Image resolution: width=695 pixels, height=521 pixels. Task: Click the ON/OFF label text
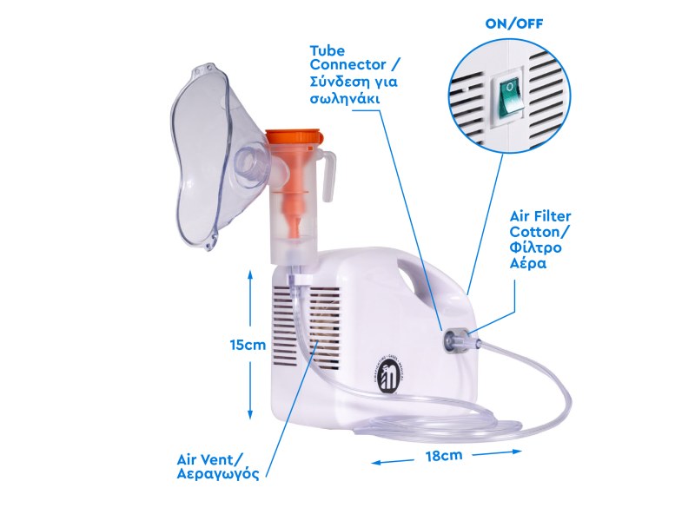pos(514,24)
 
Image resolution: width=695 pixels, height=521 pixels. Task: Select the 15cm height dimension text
pos(248,345)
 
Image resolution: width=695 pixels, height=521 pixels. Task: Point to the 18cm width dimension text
pos(444,455)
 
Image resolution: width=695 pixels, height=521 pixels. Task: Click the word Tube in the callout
pos(328,51)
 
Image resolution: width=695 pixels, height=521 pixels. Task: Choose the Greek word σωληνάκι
pos(344,98)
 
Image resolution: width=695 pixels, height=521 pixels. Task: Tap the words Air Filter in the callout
pos(540,216)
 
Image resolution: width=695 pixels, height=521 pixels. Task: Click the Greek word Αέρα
pos(528,264)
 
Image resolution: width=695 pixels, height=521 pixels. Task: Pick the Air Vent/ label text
pos(210,458)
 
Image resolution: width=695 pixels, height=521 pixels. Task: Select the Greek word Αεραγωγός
pos(218,474)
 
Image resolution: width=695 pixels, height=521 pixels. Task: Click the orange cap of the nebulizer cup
pos(293,136)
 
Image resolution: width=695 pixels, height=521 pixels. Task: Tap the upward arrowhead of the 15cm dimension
pos(250,274)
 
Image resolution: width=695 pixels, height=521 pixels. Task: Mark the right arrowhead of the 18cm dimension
pos(517,452)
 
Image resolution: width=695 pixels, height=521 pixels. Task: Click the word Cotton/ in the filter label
pos(540,232)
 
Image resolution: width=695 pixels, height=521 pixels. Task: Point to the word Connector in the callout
pos(348,64)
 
